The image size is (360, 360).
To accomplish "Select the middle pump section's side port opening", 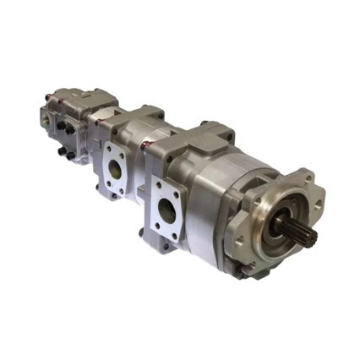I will [113, 167].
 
